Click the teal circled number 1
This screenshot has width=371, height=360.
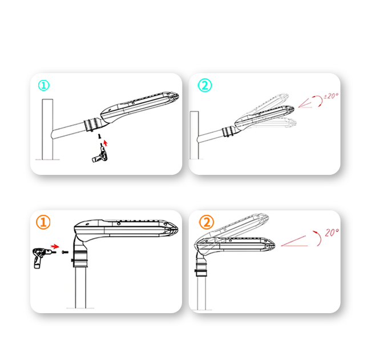pyautogui.click(x=44, y=86)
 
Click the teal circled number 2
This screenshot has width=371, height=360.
pyautogui.click(x=205, y=85)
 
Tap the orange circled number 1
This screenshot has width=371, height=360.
pyautogui.click(x=43, y=222)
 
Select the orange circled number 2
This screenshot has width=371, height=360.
pyautogui.click(x=207, y=222)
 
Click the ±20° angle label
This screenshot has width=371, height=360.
pyautogui.click(x=331, y=96)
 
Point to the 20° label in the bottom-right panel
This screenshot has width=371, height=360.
pyautogui.click(x=332, y=233)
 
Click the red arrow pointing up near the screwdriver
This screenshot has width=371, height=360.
pyautogui.click(x=106, y=143)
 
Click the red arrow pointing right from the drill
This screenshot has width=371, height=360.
pyautogui.click(x=55, y=246)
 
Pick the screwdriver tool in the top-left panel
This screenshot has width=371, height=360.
pyautogui.click(x=100, y=154)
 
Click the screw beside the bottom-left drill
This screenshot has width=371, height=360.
pyautogui.click(x=64, y=252)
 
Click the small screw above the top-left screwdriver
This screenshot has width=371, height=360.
pyautogui.click(x=100, y=136)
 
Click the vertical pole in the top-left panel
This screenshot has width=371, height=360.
pyautogui.click(x=47, y=129)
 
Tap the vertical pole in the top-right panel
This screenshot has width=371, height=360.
pyautogui.click(x=194, y=135)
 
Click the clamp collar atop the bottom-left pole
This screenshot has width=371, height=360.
pyautogui.click(x=80, y=259)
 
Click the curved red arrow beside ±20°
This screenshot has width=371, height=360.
pyautogui.click(x=318, y=101)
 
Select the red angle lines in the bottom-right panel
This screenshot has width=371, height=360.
pyautogui.click(x=295, y=241)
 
